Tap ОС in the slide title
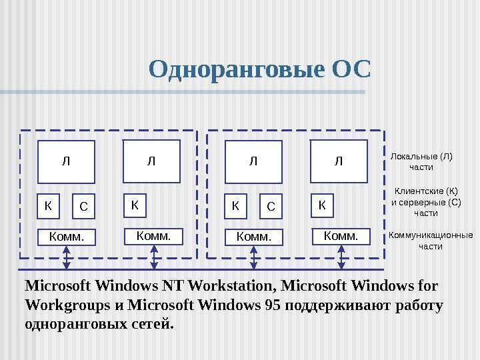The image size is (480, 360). tap(349, 69)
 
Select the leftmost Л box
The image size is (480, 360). tap(66, 161)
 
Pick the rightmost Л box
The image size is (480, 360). tap(339, 161)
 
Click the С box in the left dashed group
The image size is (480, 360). tap(83, 207)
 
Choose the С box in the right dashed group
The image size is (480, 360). tap(270, 207)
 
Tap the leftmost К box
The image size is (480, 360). tap(47, 206)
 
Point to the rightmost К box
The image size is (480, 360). tap(322, 205)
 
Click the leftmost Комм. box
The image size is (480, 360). tap(67, 237)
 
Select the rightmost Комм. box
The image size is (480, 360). tap(340, 235)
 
